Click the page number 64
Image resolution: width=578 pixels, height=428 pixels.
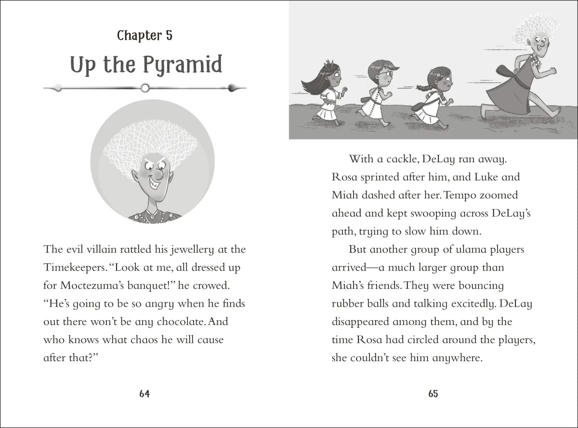point(144,394)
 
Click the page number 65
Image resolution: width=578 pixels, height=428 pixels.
point(433,394)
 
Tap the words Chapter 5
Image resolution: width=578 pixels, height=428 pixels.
point(144,36)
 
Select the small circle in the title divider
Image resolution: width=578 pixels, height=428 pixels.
point(144,88)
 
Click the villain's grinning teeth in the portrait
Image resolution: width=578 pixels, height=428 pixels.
point(157,184)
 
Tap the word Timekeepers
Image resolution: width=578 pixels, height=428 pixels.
point(72,267)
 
